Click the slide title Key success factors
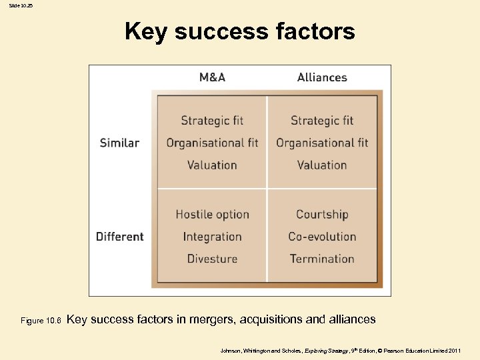(x=240, y=31)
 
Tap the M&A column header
(x=213, y=77)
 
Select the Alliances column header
(x=322, y=77)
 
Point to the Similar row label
(x=119, y=143)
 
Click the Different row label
(x=119, y=237)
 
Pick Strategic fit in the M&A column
(x=212, y=121)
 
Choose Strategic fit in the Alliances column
(x=322, y=121)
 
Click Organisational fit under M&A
(x=212, y=143)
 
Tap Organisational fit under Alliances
(x=322, y=143)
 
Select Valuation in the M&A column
(x=212, y=165)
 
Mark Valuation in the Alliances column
(x=322, y=165)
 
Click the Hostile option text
(x=212, y=215)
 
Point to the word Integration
(x=212, y=237)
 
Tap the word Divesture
(x=212, y=259)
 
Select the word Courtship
(x=322, y=215)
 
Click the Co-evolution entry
(x=322, y=237)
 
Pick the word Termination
(x=322, y=259)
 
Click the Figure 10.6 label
(x=41, y=321)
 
